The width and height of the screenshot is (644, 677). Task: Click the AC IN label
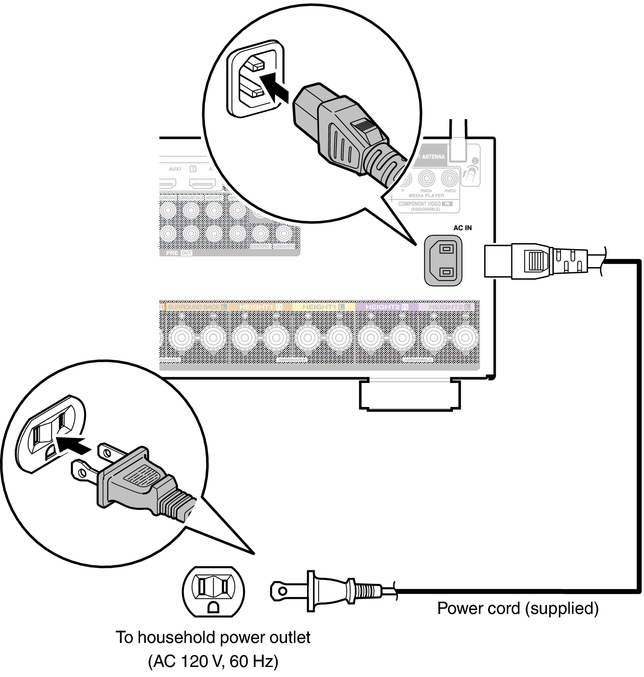click(x=462, y=228)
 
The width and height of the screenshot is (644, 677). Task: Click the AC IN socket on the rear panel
click(x=443, y=261)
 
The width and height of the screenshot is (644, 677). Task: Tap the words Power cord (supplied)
click(x=518, y=609)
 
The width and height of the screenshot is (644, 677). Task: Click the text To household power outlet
click(x=213, y=638)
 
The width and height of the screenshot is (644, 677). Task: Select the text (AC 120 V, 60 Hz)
click(x=213, y=661)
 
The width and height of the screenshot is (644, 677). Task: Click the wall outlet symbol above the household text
click(x=213, y=592)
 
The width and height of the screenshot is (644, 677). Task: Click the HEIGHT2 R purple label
click(x=386, y=307)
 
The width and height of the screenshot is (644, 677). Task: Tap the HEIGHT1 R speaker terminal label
click(x=260, y=307)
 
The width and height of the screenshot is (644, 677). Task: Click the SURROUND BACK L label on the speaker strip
click(x=196, y=307)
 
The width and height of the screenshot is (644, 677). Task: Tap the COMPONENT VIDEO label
click(x=420, y=204)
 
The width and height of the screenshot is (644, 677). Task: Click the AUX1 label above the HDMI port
click(x=175, y=169)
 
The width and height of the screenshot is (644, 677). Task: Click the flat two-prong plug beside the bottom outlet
click(x=329, y=591)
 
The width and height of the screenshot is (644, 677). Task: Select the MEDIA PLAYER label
click(x=426, y=196)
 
